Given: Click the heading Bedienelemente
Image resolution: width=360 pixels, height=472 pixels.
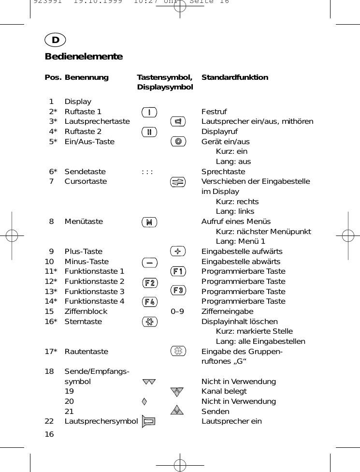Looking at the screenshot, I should click(84, 57).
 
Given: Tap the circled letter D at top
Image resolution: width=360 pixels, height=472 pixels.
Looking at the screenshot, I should click(56, 40).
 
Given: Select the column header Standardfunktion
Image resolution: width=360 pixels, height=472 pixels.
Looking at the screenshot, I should click(234, 77).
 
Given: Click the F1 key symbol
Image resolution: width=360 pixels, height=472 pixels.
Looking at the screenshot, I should click(178, 271).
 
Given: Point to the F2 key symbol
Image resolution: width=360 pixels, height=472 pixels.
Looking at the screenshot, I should click(150, 282).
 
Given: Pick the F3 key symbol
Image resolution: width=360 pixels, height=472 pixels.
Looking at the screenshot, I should click(178, 290).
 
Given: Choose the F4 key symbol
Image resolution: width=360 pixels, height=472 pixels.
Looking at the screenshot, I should click(150, 302).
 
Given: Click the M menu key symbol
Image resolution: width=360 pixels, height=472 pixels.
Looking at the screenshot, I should click(149, 222).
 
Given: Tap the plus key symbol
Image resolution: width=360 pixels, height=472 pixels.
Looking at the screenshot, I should click(178, 251).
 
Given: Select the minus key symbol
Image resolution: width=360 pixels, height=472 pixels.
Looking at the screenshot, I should click(150, 262).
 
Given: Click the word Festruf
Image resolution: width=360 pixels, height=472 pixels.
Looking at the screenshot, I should click(214, 112).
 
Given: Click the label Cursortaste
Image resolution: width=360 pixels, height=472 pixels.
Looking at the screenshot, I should click(86, 181).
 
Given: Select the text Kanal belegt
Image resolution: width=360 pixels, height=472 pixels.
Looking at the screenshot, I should click(224, 391).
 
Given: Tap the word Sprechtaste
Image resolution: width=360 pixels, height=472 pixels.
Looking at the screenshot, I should click(223, 172).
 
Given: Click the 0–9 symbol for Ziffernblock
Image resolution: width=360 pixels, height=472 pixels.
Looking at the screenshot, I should click(177, 311).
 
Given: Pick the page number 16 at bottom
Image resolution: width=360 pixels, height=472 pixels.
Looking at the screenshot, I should click(49, 434).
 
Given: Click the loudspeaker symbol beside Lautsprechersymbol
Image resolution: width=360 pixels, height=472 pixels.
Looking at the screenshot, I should click(149, 421).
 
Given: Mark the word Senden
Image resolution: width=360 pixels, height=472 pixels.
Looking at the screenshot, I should click(215, 412).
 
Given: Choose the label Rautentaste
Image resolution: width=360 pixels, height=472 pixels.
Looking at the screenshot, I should click(86, 352).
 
